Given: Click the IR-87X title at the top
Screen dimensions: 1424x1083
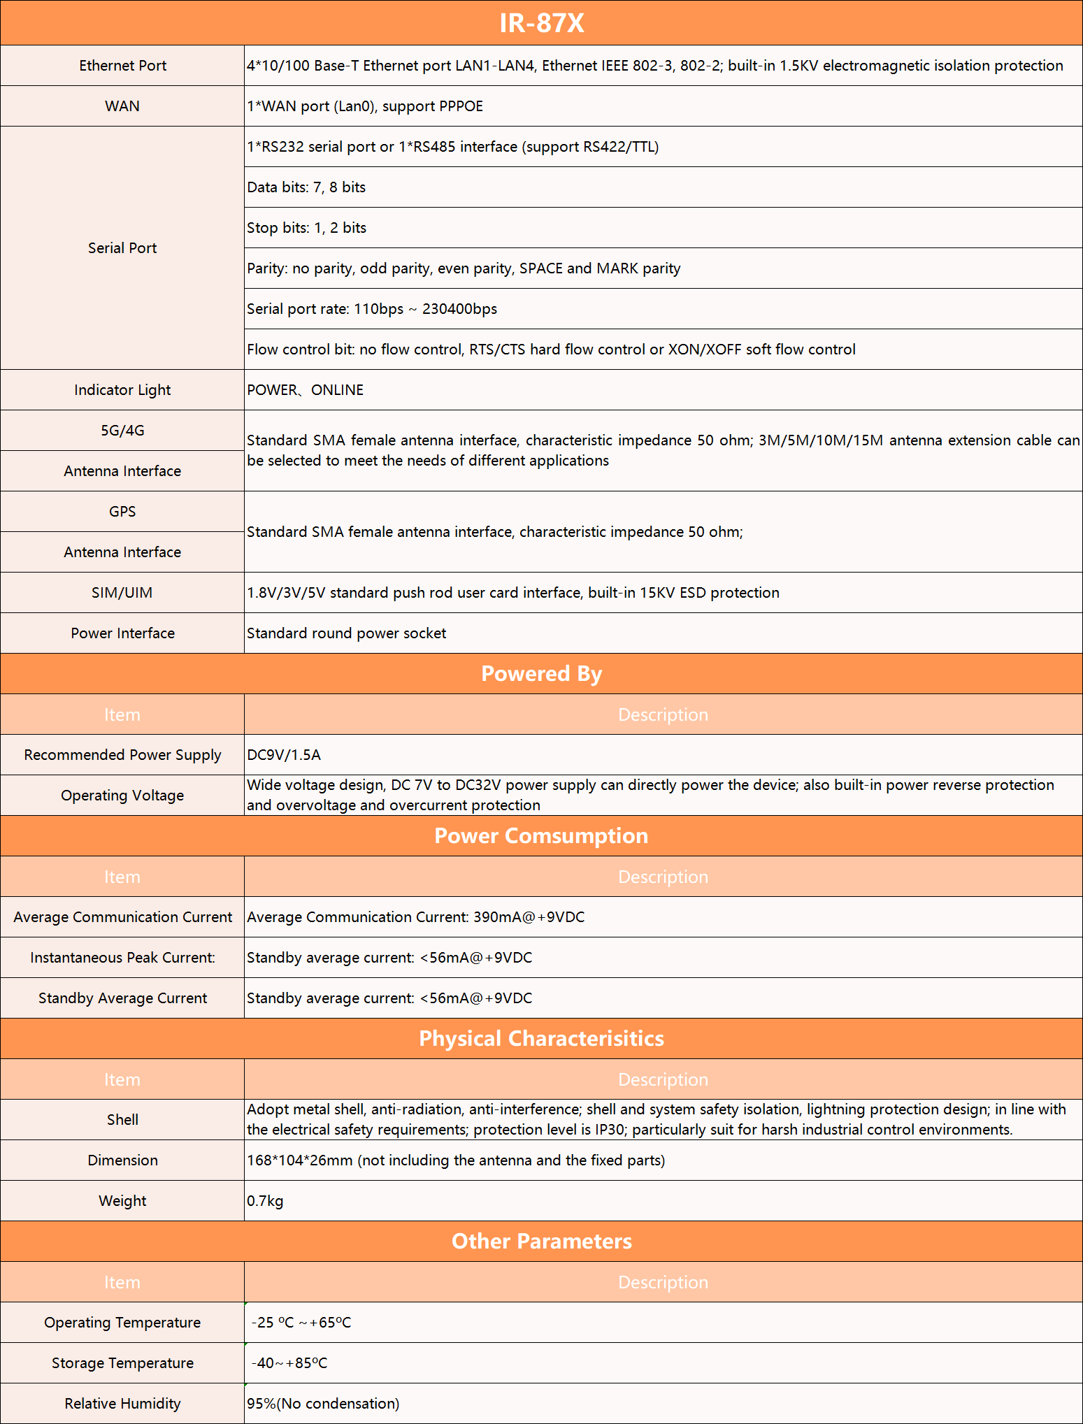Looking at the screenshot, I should tap(541, 23).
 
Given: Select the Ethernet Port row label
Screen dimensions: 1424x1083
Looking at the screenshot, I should tap(122, 66).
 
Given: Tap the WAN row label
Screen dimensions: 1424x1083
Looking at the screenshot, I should tap(122, 106).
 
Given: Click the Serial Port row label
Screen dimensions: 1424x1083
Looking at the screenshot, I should tap(122, 248).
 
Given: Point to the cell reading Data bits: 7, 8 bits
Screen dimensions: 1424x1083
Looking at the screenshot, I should tap(306, 187).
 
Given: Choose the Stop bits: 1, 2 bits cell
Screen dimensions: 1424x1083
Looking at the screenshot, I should tap(306, 228).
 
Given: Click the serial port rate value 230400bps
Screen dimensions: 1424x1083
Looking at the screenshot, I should tap(459, 309).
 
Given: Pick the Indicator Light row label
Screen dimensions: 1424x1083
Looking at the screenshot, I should tap(122, 390).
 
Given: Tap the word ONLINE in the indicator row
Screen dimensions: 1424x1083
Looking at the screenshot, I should tap(337, 390).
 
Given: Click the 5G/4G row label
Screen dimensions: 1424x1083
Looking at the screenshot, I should tap(122, 431).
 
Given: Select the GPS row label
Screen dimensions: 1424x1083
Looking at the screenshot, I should tap(122, 512).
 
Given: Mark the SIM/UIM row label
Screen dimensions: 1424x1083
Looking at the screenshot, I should tap(122, 593).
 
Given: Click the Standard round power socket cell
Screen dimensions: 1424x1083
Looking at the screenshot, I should tap(346, 633).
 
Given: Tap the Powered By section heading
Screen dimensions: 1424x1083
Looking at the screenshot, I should tap(541, 674).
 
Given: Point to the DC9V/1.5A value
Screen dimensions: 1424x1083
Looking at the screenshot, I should tap(284, 755).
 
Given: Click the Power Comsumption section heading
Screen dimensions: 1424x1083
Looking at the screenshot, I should tap(541, 836).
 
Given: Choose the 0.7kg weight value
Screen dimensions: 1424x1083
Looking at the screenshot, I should tap(265, 1201).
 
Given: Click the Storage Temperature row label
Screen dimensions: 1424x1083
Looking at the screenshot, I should tap(122, 1363).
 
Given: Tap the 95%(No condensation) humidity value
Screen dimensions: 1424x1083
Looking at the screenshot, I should tap(323, 1404).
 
